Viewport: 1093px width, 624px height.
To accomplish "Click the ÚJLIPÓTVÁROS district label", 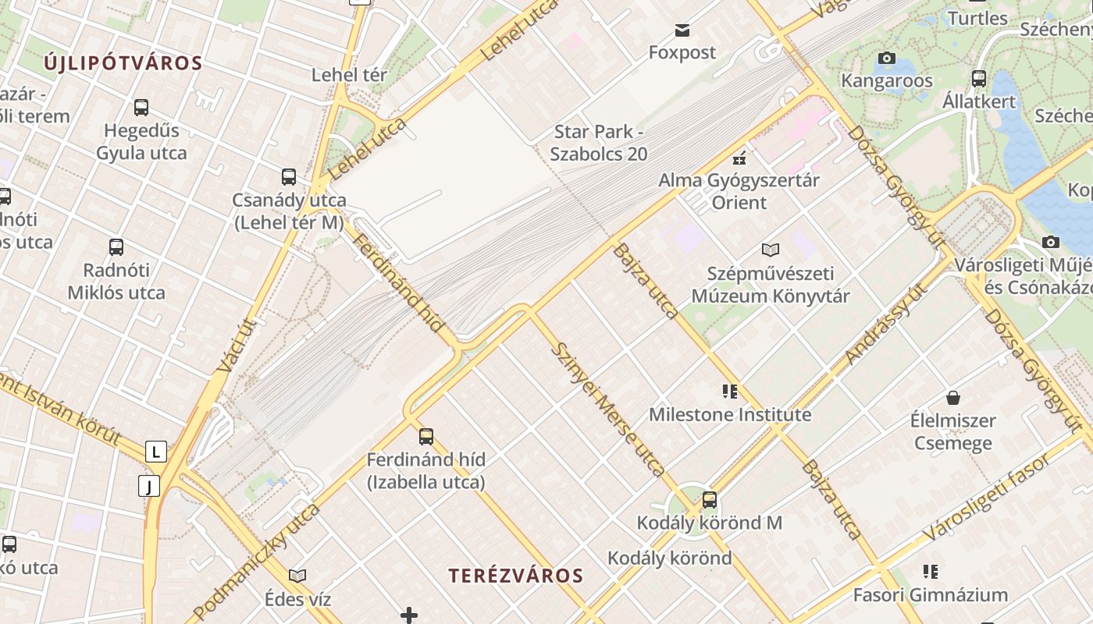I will click(x=123, y=63).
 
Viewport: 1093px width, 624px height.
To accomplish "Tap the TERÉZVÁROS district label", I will click(x=516, y=576).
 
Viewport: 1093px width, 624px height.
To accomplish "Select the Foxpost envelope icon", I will click(x=682, y=30).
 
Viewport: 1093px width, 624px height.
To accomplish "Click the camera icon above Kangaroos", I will click(x=886, y=58).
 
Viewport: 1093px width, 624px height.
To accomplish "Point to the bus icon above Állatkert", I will click(x=979, y=78).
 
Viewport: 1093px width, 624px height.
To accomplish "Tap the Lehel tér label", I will click(x=349, y=75).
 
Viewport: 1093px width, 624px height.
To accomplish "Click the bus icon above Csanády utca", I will click(x=289, y=177).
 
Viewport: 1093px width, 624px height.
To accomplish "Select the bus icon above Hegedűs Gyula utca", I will click(x=141, y=108).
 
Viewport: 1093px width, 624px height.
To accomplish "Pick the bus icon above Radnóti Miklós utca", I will click(x=116, y=247).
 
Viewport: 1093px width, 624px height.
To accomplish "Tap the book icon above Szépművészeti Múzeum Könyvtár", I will click(x=771, y=250).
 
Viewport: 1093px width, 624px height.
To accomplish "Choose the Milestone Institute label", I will click(x=730, y=414).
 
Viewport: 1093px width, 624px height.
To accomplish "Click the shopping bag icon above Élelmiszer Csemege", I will click(x=953, y=398).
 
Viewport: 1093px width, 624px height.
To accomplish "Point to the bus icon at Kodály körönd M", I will click(x=709, y=499).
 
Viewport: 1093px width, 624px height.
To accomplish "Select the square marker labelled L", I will click(x=156, y=451).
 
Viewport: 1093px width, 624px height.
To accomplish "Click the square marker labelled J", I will click(x=149, y=487).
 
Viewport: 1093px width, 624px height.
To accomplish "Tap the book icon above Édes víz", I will click(x=297, y=576).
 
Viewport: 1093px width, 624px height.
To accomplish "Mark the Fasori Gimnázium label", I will click(x=930, y=594).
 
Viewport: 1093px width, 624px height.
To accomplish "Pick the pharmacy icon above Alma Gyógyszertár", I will click(x=739, y=158).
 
